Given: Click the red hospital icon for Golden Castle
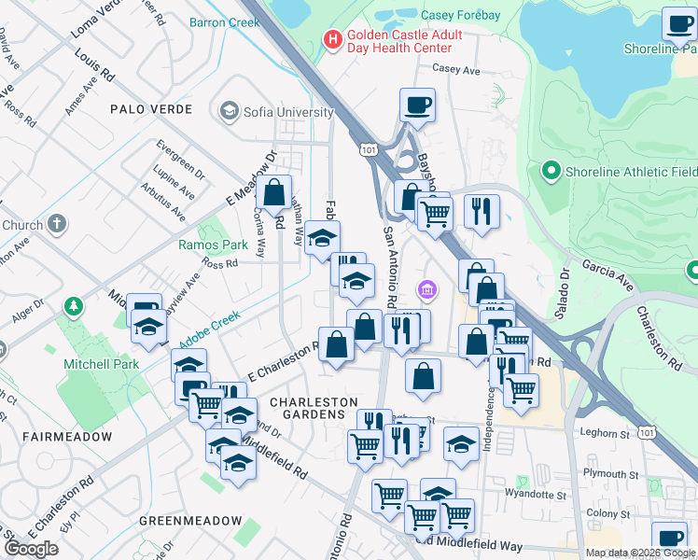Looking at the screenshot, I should tap(330, 39).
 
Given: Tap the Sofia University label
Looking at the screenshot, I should tap(288, 113).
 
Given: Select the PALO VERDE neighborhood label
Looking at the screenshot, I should tap(151, 109).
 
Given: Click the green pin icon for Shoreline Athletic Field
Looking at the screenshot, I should tap(551, 171).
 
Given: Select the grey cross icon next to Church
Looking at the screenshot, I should tap(58, 224).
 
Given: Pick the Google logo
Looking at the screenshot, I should tap(31, 549).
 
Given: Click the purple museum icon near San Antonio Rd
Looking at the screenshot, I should tap(427, 291).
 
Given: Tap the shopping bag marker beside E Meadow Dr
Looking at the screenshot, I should tap(274, 194).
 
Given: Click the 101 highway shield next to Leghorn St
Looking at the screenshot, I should tap(647, 431).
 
